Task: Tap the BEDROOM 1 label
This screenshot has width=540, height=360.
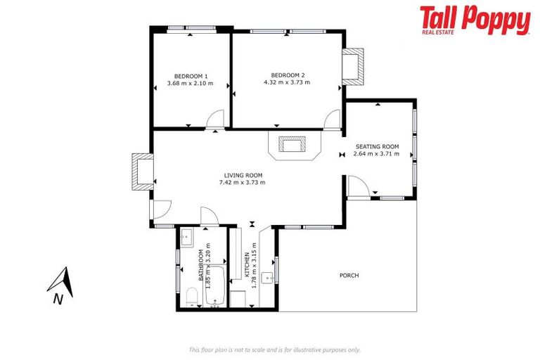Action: [191, 75]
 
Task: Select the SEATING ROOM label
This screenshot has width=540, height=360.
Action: [377, 146]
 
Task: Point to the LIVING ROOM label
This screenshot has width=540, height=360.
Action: [243, 175]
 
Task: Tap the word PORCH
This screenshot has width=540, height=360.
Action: [349, 276]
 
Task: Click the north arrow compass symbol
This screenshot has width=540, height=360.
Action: [61, 282]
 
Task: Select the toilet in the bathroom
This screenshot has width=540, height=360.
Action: [191, 297]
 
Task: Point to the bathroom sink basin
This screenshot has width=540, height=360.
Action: [187, 237]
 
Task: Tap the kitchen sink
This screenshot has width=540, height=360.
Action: [268, 278]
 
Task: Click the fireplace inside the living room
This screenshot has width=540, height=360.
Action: [291, 145]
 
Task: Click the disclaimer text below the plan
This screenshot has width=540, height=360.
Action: [274, 349]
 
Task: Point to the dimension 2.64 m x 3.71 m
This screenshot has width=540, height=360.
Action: [377, 154]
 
